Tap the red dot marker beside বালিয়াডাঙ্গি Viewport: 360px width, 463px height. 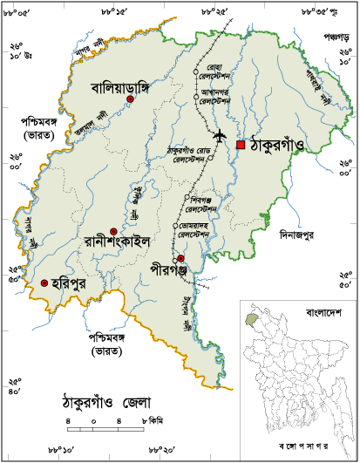point(130,100)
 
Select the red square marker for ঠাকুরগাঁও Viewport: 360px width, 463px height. point(241,145)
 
